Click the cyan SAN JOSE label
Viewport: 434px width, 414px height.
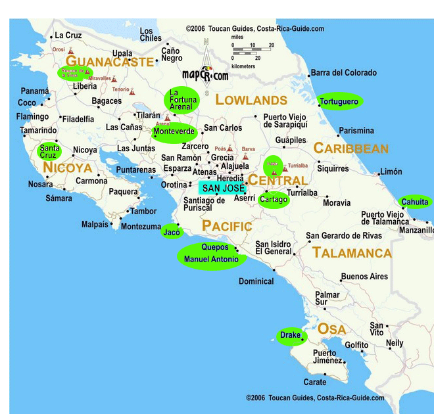point(223,188)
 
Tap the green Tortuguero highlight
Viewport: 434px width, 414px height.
point(339,101)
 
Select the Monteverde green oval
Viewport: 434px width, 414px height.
point(174,132)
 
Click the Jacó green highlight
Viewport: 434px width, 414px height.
point(172,233)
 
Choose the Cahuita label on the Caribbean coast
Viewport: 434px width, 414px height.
point(416,202)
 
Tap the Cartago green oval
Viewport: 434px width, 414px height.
point(274,199)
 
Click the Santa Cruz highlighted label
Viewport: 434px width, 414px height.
point(50,151)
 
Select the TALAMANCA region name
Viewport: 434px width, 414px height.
point(352,253)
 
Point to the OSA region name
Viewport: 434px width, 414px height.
point(331,329)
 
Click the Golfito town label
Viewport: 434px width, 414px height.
point(357,344)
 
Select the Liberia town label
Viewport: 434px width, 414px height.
point(84,86)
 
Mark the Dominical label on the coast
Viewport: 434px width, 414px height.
point(256,281)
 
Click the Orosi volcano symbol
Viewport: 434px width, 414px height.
point(70,50)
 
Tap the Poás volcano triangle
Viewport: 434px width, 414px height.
point(229,149)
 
